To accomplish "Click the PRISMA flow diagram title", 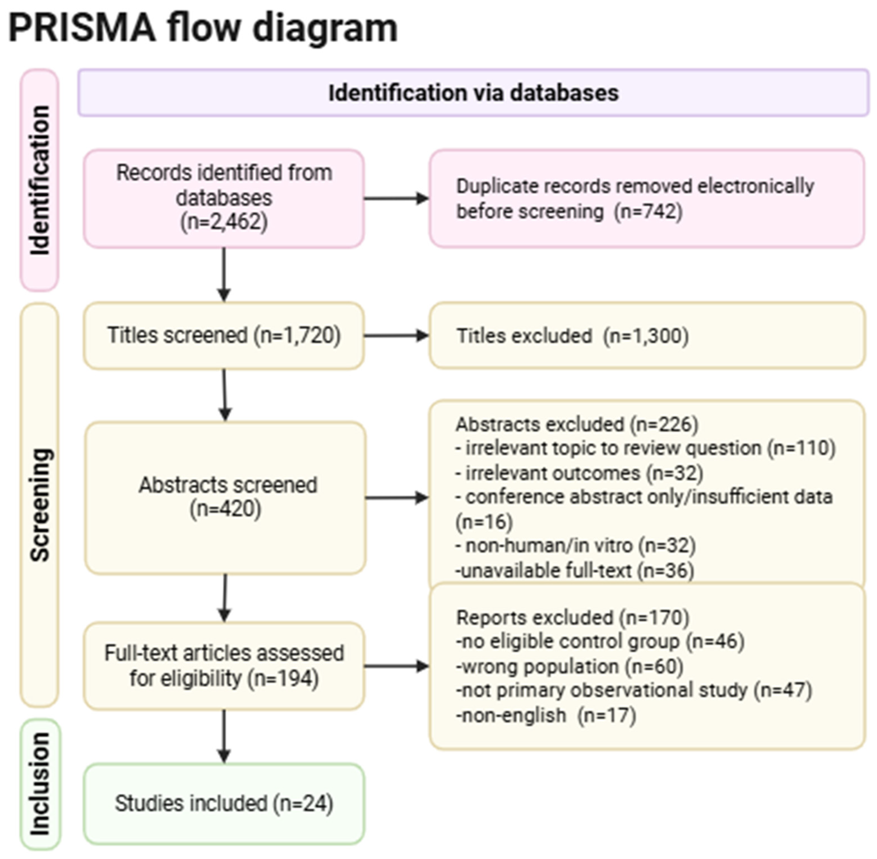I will coord(203,28).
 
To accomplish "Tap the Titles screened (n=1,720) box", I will coord(224,335).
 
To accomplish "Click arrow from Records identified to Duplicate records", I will coord(396,198).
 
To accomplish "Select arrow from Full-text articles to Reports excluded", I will coord(396,666).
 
